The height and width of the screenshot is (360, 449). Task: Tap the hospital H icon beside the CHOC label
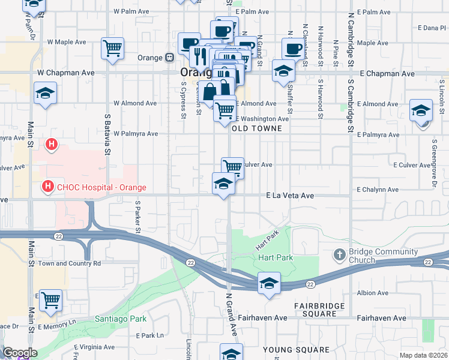coord(47,187)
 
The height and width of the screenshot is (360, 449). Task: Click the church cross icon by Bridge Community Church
coord(340,253)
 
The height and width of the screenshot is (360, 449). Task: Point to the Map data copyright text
coord(423,355)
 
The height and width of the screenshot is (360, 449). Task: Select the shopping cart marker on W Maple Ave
coord(112,48)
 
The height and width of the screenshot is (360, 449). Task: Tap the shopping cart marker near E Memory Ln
coord(51,299)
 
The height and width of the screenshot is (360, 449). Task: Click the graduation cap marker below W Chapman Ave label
coord(45,94)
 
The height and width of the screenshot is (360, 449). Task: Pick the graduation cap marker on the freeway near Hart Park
coord(270,283)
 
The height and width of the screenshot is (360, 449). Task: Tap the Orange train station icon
coord(170,58)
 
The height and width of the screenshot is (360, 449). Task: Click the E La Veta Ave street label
coord(291,196)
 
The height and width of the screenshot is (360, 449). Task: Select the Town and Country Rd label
coord(70,263)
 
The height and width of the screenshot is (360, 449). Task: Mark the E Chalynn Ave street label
coord(377,190)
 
